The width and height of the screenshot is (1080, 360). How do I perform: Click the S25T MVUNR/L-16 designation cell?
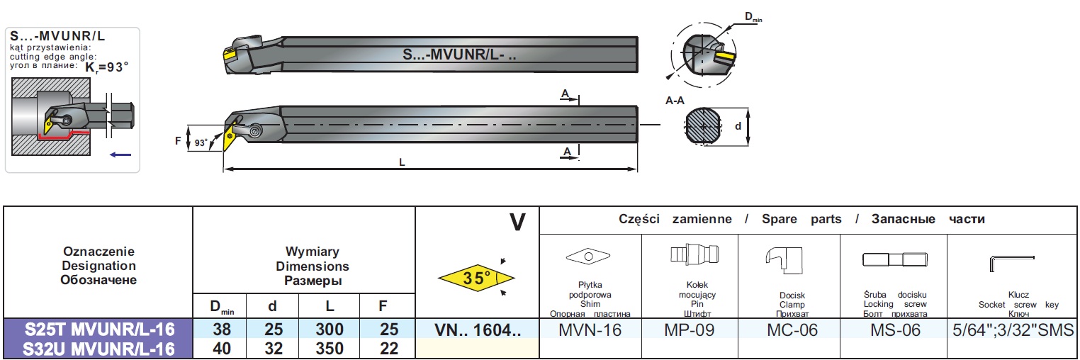(99, 330)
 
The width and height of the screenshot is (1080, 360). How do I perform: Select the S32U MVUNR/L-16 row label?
(99, 349)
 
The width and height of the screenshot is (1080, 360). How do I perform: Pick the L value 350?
(330, 349)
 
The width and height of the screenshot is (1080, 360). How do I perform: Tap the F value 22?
(383, 349)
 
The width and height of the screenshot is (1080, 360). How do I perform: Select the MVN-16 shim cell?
(590, 330)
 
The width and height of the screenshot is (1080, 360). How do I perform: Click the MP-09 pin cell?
(690, 330)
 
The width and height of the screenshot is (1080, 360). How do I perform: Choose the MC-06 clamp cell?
(787, 330)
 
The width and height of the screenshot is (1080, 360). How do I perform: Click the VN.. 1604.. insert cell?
(477, 330)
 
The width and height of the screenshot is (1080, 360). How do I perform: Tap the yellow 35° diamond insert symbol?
(476, 278)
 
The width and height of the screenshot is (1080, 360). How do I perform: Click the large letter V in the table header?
(518, 223)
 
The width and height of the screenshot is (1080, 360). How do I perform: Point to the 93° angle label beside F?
(202, 143)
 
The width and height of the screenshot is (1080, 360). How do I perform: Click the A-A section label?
(675, 101)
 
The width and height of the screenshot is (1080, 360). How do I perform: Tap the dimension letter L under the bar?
(403, 162)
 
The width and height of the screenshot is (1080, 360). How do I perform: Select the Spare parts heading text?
(801, 219)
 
